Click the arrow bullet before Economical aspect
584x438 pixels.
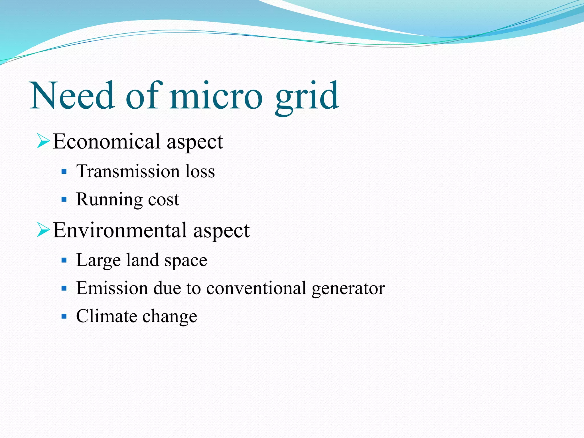43,142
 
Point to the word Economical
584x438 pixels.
107,142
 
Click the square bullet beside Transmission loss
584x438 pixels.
64,172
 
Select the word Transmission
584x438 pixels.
128,172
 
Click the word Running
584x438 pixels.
109,200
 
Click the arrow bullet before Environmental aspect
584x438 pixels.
43,230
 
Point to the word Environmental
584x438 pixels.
120,230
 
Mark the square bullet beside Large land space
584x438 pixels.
64,260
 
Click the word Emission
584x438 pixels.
112,288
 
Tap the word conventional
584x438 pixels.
256,288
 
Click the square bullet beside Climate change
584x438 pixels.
64,316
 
